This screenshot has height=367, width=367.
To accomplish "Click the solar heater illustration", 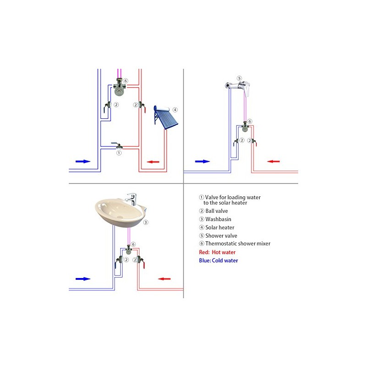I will pos(164,117).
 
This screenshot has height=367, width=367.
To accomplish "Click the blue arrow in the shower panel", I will pos(202,161).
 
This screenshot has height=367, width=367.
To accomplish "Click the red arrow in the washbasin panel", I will pos(165,278).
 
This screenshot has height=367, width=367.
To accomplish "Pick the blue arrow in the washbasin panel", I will pos(83,278).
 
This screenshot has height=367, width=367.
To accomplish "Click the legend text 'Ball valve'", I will pos(217,211).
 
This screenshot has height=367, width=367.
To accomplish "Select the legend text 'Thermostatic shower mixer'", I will pos(238,244).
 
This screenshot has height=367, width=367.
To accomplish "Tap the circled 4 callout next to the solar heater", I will pos(175,110).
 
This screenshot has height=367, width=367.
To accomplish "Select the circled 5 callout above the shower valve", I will pos(239,78).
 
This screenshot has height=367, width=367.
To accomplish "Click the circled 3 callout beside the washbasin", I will pos(145,222).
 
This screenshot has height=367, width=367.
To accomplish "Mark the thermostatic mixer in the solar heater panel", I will pos(120,87).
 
